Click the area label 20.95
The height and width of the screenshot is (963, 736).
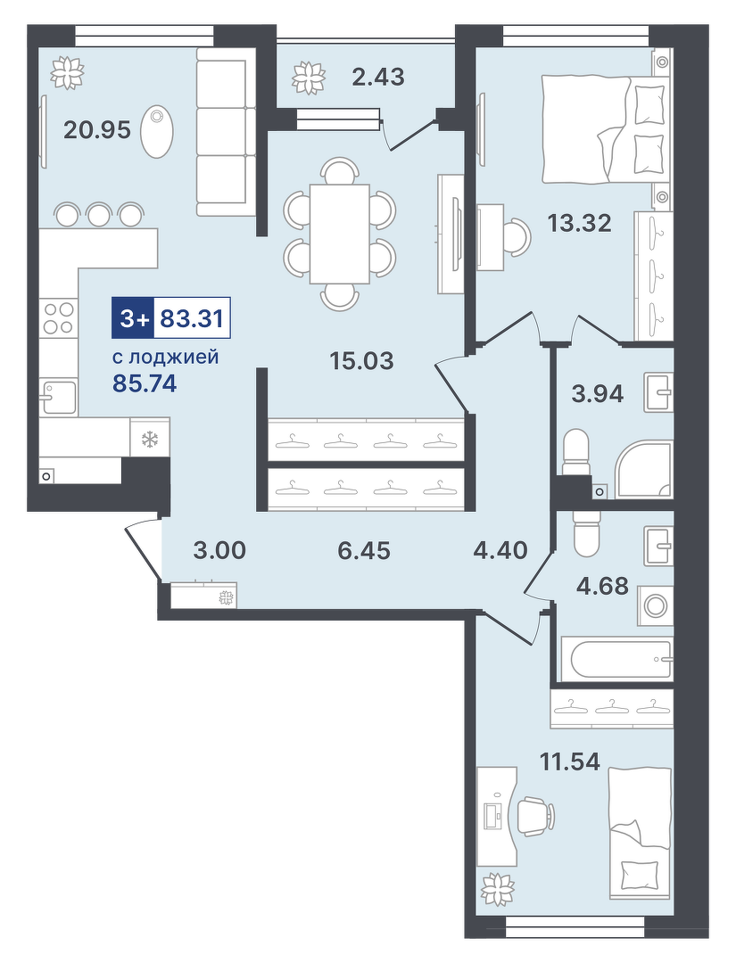click(x=97, y=129)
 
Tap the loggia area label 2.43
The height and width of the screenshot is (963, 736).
click(x=378, y=77)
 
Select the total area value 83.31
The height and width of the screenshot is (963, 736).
click(x=191, y=318)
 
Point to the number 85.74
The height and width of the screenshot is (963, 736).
click(x=145, y=383)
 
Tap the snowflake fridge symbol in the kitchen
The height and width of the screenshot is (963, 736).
click(x=150, y=439)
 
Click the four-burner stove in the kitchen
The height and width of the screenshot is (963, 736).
click(x=58, y=318)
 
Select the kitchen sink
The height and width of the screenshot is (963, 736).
click(x=58, y=396)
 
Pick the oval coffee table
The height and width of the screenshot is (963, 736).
click(x=157, y=132)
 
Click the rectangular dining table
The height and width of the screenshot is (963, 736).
click(x=340, y=234)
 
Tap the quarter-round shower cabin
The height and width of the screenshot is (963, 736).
click(x=643, y=468)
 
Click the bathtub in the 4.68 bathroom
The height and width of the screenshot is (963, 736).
click(x=617, y=659)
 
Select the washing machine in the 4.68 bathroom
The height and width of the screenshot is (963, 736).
click(x=655, y=605)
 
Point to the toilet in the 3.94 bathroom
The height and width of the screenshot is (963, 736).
click(x=575, y=452)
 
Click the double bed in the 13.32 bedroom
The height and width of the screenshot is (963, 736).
click(x=603, y=128)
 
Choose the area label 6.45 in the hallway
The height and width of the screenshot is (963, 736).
click(x=364, y=550)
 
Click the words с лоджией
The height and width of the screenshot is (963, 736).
click(x=165, y=356)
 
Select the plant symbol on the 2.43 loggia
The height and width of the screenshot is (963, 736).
click(x=308, y=78)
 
